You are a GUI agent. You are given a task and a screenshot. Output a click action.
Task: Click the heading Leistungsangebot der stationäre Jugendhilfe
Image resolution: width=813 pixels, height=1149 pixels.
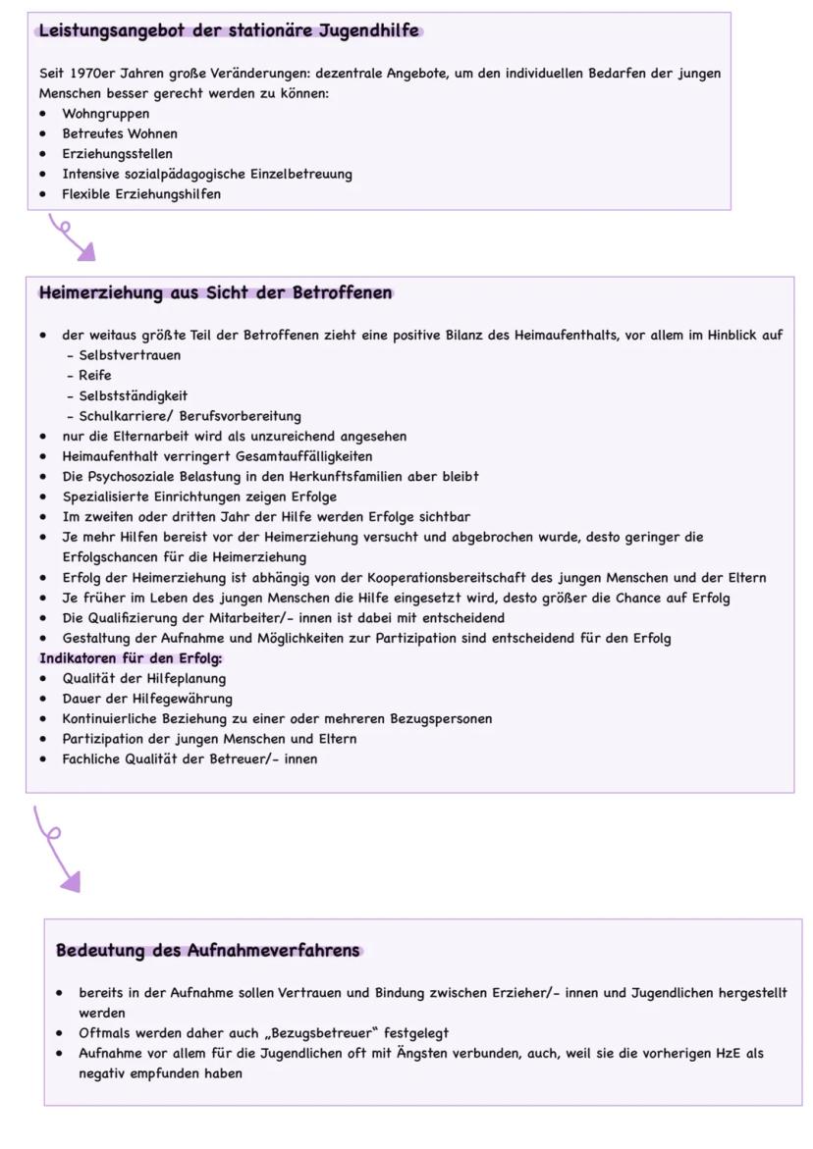click(x=230, y=30)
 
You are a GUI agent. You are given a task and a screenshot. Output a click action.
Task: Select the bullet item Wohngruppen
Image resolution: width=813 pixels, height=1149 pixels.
click(x=106, y=114)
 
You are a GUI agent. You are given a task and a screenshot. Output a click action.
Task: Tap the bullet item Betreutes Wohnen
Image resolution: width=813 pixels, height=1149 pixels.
click(x=120, y=133)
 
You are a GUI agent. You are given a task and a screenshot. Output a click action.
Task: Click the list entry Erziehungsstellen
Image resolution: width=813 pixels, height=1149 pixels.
click(x=117, y=154)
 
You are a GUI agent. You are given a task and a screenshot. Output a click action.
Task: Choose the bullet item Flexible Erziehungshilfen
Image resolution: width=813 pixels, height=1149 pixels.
click(x=141, y=194)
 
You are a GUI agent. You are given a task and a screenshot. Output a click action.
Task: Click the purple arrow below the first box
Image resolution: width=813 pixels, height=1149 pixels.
click(x=74, y=239)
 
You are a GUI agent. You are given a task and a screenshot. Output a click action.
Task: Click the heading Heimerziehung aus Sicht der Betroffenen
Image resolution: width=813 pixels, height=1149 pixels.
click(x=215, y=292)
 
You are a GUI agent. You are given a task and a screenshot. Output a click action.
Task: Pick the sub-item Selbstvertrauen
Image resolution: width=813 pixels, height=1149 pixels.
click(x=130, y=355)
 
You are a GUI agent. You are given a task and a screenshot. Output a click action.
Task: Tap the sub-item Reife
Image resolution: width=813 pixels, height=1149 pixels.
click(x=95, y=376)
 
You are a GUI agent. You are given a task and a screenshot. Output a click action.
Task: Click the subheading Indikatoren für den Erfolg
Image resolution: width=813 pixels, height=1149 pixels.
click(x=131, y=658)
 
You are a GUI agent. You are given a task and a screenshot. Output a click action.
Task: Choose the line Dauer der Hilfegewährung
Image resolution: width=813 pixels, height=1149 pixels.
click(x=147, y=699)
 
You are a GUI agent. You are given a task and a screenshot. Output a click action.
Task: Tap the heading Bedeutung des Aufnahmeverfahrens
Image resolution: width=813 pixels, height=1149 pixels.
click(x=208, y=950)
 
